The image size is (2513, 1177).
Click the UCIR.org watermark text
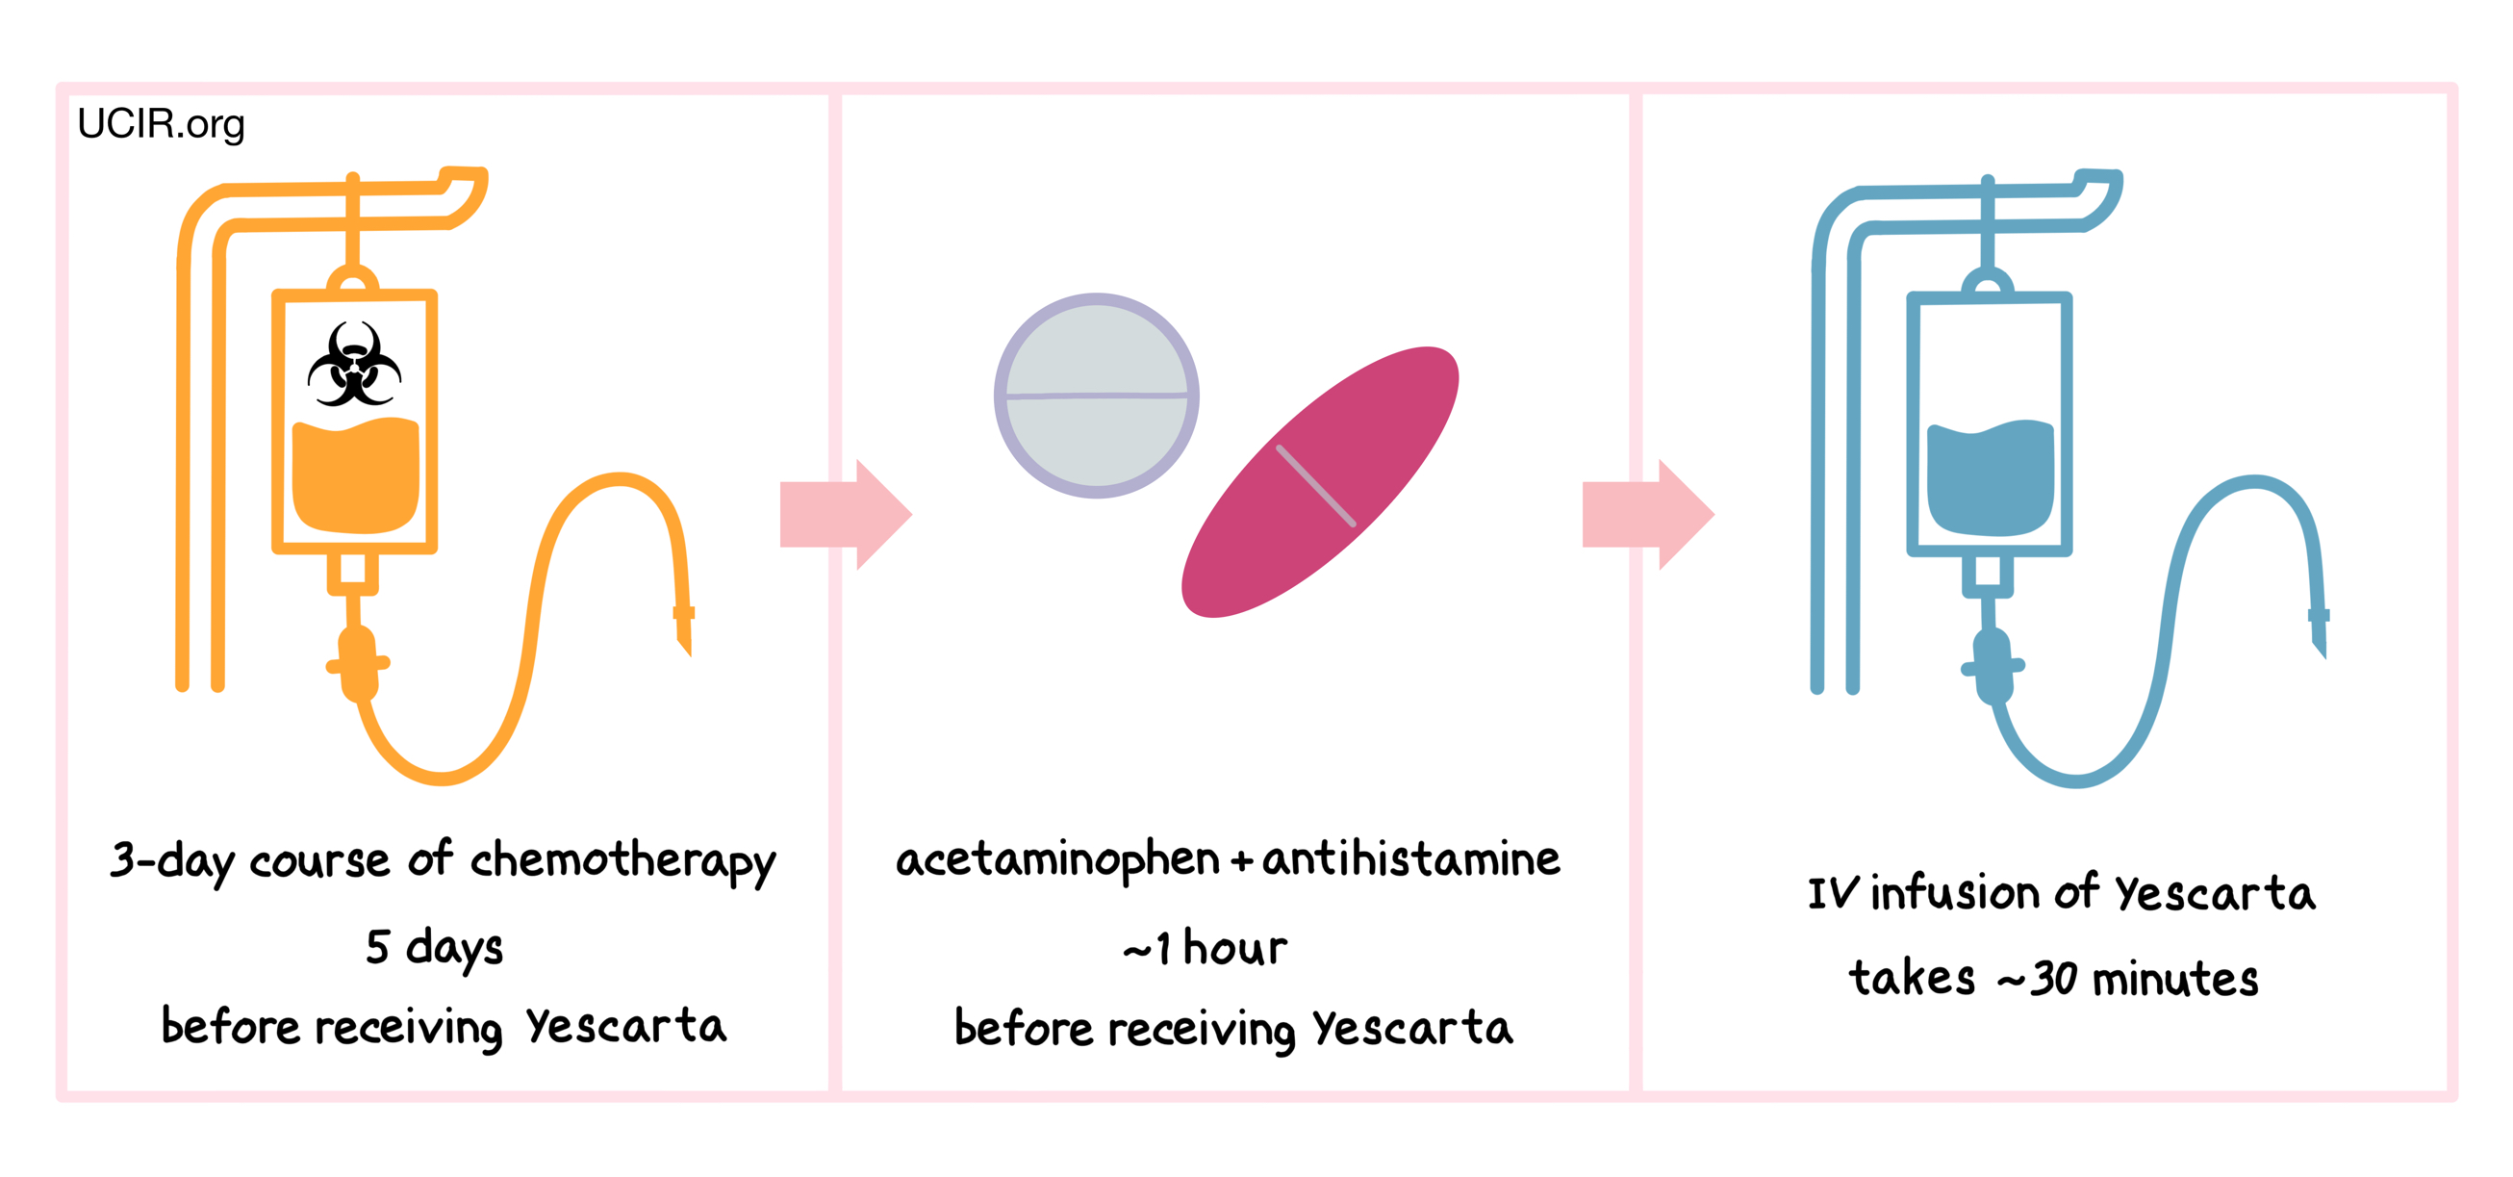point(161,124)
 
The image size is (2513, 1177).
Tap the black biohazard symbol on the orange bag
point(354,365)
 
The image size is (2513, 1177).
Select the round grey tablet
point(1097,396)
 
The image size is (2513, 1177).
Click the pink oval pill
point(1320,482)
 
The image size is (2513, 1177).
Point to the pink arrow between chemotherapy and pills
point(845,514)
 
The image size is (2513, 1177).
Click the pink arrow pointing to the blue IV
point(1647,514)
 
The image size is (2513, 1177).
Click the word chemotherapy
point(622,861)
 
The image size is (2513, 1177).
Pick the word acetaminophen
point(1057,859)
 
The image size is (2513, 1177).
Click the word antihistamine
point(1410,859)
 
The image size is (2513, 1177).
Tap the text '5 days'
point(434,948)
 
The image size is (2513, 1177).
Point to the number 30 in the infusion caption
point(2053,979)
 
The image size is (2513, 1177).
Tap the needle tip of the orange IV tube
point(685,639)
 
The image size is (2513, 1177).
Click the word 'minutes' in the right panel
point(2175,979)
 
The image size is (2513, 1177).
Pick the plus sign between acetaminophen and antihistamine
point(1241,861)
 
